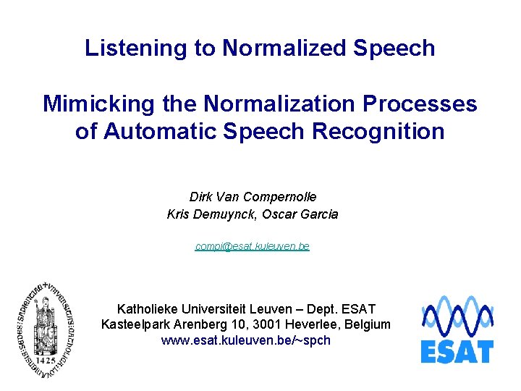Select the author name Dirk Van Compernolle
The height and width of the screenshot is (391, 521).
(253, 197)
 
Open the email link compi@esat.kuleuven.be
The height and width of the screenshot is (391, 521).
(252, 246)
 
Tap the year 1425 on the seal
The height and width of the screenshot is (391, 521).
(47, 359)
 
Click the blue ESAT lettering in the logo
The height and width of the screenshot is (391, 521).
(457, 351)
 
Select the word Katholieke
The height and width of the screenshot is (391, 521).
(150, 309)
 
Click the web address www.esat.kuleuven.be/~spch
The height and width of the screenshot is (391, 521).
(246, 340)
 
